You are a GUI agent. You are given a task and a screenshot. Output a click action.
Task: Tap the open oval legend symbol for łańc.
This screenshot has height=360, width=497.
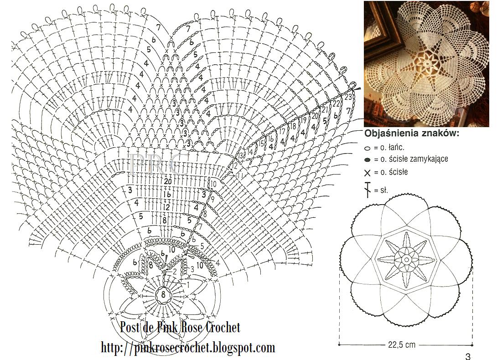(x=367, y=148)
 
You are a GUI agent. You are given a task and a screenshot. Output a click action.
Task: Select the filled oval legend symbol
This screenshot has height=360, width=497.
(x=367, y=160)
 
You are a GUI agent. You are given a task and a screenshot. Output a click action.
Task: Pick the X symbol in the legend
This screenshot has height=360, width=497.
(x=367, y=173)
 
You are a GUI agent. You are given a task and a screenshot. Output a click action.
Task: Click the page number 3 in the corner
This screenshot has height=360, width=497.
(x=467, y=356)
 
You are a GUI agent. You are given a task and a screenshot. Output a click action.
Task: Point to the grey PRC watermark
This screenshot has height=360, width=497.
(x=158, y=164)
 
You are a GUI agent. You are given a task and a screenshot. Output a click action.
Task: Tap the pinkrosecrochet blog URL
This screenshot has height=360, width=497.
(x=188, y=348)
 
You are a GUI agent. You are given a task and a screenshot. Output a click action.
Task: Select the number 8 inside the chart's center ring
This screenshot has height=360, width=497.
(x=163, y=295)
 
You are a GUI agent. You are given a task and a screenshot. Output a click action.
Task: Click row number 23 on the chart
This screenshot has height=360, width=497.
(x=348, y=97)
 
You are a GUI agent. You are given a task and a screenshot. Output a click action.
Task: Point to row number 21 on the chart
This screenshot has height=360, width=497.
(x=325, y=110)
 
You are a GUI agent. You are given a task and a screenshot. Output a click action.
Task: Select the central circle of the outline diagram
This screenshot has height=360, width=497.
(x=406, y=260)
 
